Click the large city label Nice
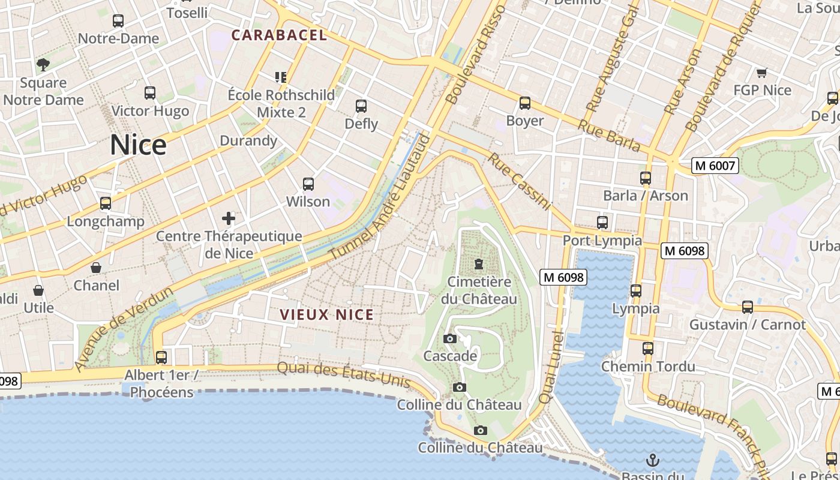click(x=138, y=145)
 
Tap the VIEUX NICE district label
click(x=326, y=314)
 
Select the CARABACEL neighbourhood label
click(x=279, y=35)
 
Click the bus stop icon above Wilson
click(x=308, y=184)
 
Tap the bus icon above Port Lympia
click(x=602, y=223)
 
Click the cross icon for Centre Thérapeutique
click(x=229, y=218)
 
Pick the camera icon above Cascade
click(x=449, y=338)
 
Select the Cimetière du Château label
click(x=479, y=290)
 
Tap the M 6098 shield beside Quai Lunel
click(x=563, y=277)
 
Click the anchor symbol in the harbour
click(x=652, y=461)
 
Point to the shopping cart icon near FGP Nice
click(x=761, y=73)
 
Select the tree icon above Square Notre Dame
click(x=43, y=64)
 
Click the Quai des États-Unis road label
click(x=344, y=374)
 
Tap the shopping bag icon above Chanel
click(x=96, y=267)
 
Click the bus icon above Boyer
click(x=525, y=103)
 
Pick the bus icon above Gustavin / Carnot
click(x=747, y=307)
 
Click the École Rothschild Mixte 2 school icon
click(x=281, y=77)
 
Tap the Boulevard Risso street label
click(x=476, y=53)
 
